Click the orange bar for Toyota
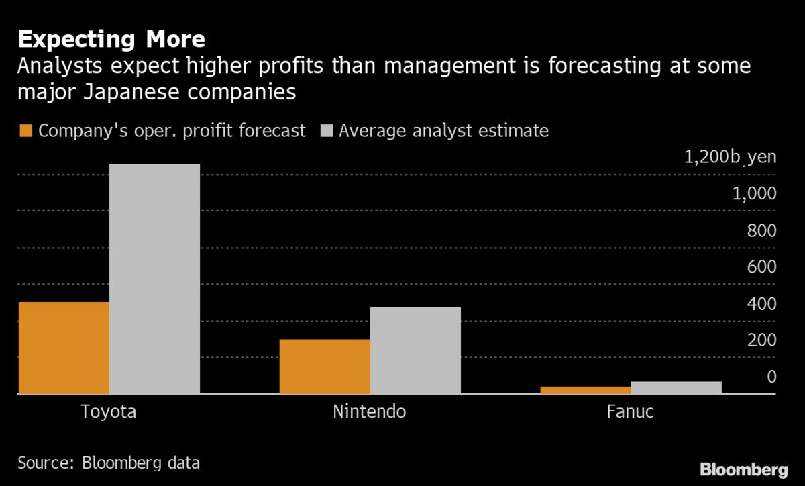point(64,348)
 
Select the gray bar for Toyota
point(154,279)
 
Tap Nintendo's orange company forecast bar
point(324,367)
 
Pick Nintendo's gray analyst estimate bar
point(415,350)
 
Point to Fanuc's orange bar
point(585,390)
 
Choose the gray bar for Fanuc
point(676,387)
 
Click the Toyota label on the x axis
point(108,411)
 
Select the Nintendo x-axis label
point(369,411)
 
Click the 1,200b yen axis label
point(730,158)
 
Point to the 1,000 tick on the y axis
point(753,194)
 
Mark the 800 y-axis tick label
point(762,231)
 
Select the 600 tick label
point(762,267)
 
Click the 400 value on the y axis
point(762,304)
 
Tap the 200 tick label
point(762,340)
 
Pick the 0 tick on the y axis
point(771,377)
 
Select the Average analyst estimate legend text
point(443,130)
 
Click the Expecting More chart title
point(111,40)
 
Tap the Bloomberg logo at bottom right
point(744,469)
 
